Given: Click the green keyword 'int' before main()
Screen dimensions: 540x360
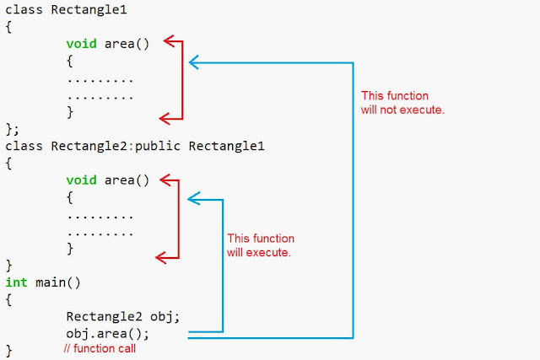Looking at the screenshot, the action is [16, 282].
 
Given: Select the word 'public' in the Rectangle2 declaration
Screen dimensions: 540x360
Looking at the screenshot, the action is [158, 146].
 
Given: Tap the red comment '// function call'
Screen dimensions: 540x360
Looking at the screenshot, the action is [100, 348].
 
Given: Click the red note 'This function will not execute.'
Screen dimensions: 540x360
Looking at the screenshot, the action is [402, 103].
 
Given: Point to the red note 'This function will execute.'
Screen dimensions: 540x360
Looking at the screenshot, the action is [261, 245].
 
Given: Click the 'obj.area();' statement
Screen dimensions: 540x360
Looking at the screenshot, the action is [108, 334].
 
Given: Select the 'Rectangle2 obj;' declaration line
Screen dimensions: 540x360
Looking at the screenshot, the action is [123, 317].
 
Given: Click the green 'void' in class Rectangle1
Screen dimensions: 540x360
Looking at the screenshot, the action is [81, 44].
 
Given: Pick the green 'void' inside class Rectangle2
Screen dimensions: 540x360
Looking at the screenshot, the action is [81, 180].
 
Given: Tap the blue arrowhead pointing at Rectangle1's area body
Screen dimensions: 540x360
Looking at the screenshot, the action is [193, 62].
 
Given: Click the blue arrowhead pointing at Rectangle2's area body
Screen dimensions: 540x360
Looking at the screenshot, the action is [193, 199].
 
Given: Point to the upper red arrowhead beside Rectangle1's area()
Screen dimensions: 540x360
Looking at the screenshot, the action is [169, 41].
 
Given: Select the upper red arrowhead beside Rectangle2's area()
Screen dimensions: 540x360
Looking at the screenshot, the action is [165, 180].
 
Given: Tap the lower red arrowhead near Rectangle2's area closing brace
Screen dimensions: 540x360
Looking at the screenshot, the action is [161, 257].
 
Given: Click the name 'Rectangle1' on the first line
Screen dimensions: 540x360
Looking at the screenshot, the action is [89, 10].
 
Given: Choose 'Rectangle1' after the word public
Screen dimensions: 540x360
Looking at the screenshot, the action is [227, 146].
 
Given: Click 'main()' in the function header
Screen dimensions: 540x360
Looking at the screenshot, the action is [58, 282].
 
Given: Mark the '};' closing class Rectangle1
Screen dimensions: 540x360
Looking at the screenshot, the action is [12, 129].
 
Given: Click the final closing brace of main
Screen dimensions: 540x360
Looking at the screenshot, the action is [9, 351].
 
